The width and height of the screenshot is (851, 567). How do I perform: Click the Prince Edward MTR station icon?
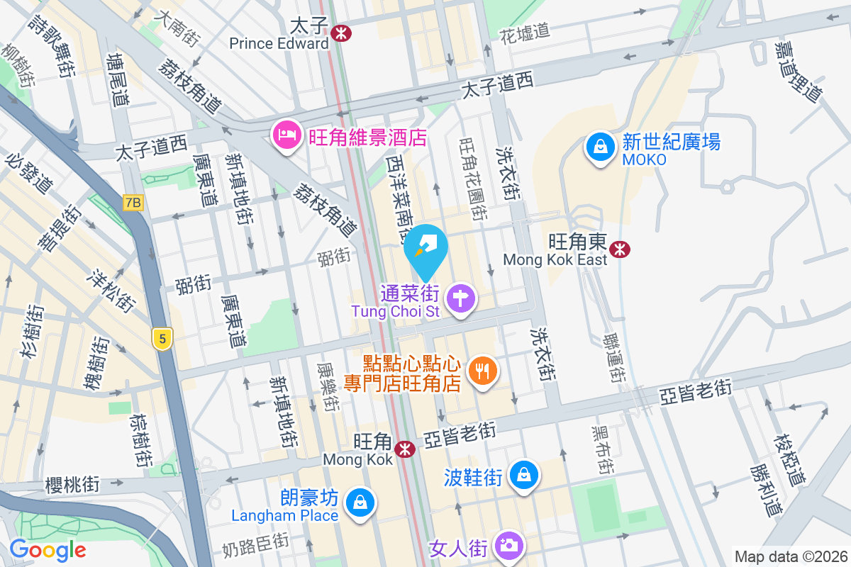(x=341, y=32)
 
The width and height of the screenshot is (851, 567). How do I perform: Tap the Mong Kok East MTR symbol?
(x=620, y=249)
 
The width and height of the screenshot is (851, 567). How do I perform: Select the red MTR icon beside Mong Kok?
(x=405, y=449)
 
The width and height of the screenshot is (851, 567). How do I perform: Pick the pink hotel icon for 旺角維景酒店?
(x=286, y=135)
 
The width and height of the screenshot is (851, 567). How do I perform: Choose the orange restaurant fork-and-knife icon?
(x=483, y=371)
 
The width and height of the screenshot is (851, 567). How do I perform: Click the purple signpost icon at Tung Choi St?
(x=461, y=298)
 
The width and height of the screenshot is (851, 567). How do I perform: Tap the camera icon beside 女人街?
(x=508, y=546)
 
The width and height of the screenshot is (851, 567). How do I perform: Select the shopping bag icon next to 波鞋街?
(x=525, y=476)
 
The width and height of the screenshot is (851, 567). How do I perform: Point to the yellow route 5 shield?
(x=163, y=339)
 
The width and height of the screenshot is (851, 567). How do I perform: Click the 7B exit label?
(x=133, y=203)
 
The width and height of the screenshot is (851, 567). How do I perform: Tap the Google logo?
(x=48, y=549)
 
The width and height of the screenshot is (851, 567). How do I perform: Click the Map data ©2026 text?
(x=790, y=556)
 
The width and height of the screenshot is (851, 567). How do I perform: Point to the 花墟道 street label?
(x=525, y=31)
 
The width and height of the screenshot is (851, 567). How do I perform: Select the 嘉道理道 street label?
(x=797, y=70)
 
